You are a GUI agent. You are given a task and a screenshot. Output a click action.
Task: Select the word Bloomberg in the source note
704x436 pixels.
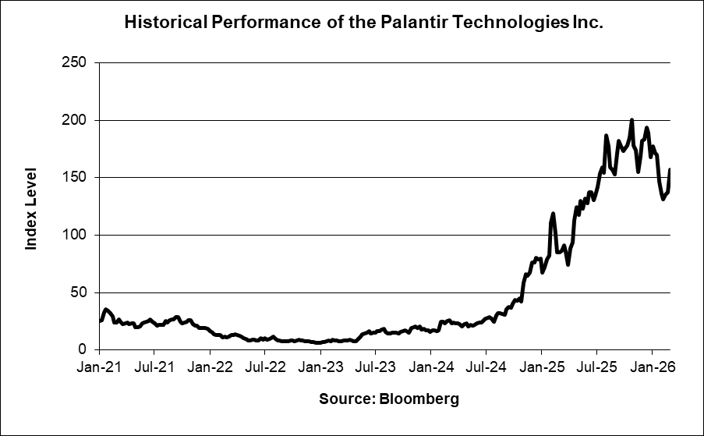coord(419,400)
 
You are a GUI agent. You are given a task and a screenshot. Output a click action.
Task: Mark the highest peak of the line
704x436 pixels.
coord(631,120)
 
